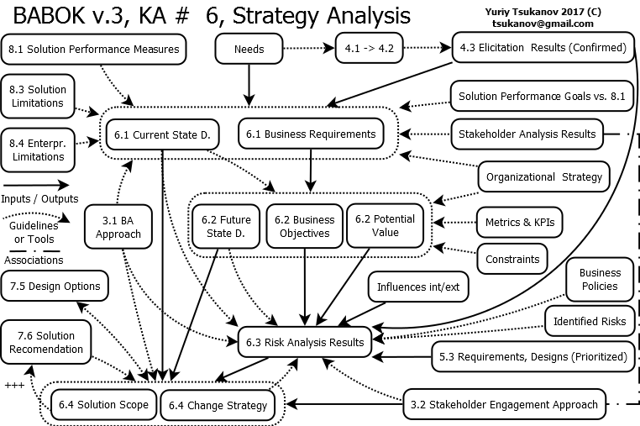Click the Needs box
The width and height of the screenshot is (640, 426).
pos(249,49)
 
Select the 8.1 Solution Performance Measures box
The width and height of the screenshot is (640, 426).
pos(93,50)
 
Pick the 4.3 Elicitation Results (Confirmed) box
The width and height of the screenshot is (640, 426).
pos(542,48)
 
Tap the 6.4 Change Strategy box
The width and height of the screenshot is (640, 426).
pos(218,405)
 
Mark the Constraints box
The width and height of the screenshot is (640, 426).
pos(512,259)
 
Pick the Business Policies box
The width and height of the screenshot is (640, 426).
pos(600,280)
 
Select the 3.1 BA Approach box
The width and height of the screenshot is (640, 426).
pos(118,227)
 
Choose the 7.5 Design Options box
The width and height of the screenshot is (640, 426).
pos(55,287)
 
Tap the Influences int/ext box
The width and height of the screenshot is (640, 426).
pos(418,287)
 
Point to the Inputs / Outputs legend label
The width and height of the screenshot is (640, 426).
pos(39,198)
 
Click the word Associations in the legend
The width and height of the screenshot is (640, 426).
pos(33,260)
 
